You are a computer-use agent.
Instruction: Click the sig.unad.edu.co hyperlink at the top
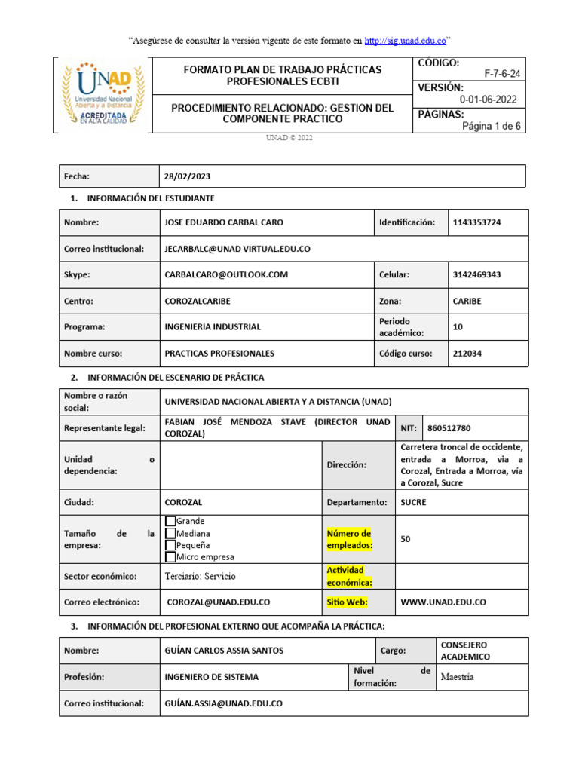[x=405, y=40]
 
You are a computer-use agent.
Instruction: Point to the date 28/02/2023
[x=187, y=176]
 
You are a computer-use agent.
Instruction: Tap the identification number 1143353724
[x=476, y=222]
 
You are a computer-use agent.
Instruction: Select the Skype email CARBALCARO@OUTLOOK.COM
[x=226, y=275]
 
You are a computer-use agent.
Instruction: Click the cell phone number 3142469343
[x=476, y=275]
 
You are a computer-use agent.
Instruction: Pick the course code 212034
[x=467, y=353]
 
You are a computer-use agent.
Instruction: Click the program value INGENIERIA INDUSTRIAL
[x=213, y=327]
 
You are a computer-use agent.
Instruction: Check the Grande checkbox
[x=170, y=521]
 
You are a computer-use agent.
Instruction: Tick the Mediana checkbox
[x=170, y=533]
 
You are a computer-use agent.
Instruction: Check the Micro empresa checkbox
[x=170, y=557]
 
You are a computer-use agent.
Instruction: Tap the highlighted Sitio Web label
[x=346, y=602]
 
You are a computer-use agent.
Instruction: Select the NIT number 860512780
[x=449, y=428]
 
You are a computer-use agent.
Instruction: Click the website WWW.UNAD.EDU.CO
[x=443, y=602]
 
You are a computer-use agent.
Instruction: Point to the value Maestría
[x=459, y=677]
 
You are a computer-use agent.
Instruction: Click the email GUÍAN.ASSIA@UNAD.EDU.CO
[x=223, y=703]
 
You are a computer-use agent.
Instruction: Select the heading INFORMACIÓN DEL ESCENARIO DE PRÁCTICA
[x=176, y=377]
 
